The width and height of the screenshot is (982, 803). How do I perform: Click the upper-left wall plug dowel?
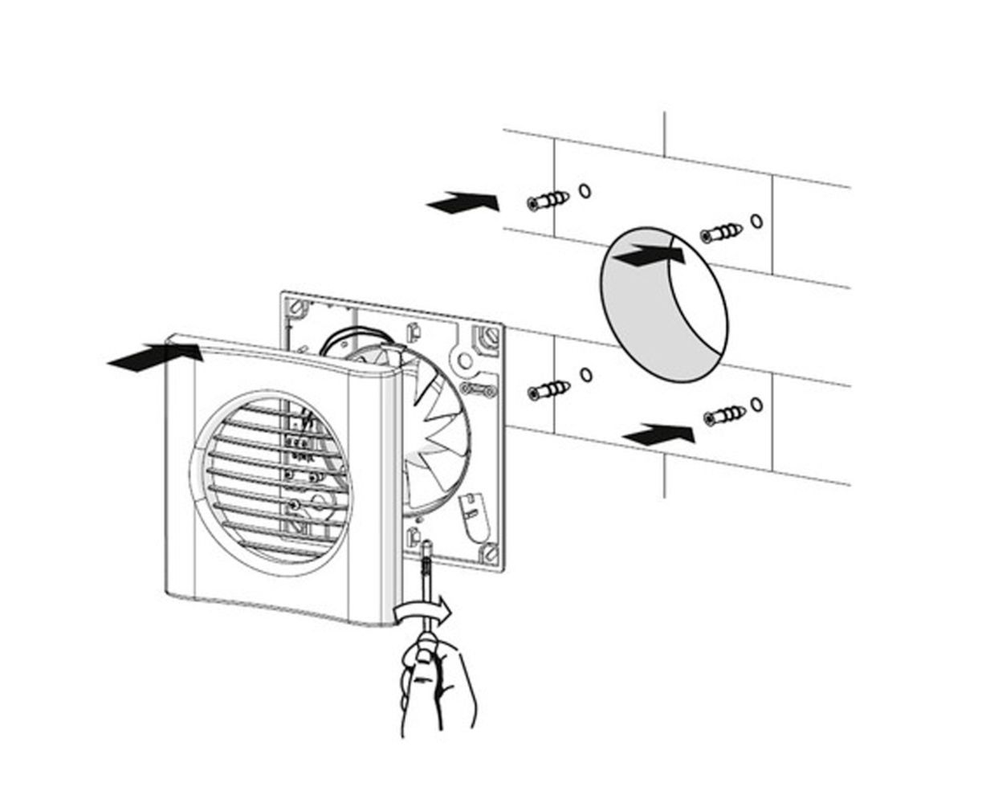pyautogui.click(x=548, y=200)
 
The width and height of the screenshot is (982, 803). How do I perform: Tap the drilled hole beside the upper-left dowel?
pyautogui.click(x=585, y=191)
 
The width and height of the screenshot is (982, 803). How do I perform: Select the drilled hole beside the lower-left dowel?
pyautogui.click(x=585, y=374)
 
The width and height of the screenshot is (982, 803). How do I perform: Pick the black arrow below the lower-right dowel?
pyautogui.click(x=659, y=434)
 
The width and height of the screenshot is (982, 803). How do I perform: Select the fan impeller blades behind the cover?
pyautogui.click(x=438, y=426)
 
